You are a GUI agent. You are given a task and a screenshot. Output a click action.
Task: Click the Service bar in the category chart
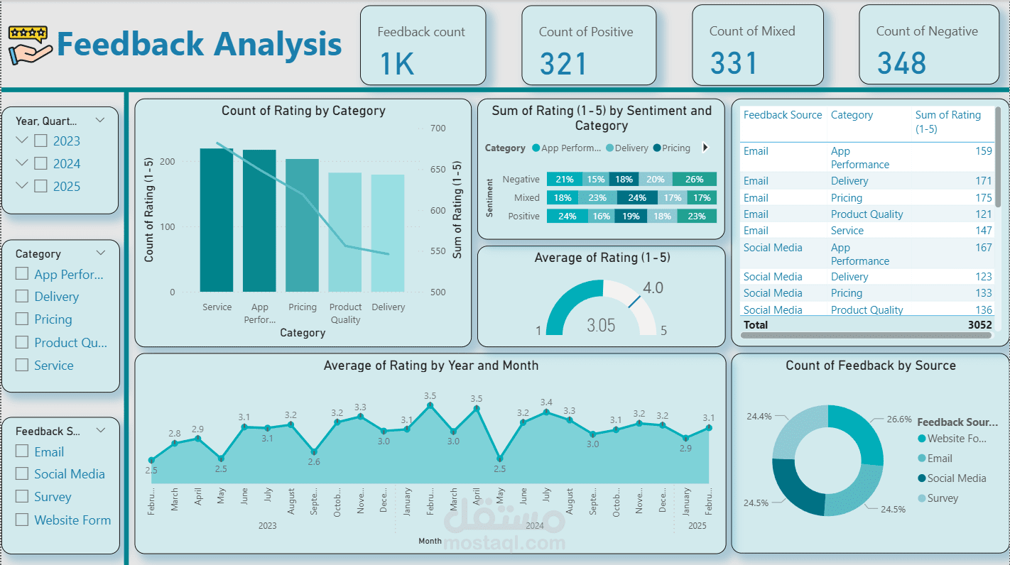pos(217,220)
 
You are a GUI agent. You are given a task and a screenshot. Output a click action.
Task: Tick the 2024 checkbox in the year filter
pos(41,164)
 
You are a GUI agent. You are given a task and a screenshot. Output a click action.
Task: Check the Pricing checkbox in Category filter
pos(22,319)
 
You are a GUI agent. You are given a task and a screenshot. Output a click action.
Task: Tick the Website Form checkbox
pos(22,520)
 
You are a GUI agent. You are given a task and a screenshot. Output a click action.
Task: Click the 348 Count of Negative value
pos(901,64)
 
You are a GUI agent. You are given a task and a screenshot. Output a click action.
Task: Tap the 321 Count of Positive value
pos(563,64)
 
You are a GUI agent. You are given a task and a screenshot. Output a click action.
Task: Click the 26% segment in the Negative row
pos(695,180)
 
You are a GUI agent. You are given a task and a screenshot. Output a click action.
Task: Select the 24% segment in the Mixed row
pos(636,198)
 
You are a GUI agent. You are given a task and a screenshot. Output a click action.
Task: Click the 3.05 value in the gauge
pos(601,325)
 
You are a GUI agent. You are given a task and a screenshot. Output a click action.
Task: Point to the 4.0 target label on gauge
pos(653,288)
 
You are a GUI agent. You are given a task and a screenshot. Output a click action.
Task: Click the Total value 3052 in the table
pos(979,325)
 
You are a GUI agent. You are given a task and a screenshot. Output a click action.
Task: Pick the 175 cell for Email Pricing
pos(983,198)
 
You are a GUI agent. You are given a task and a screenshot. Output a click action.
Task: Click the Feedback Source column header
pos(782,115)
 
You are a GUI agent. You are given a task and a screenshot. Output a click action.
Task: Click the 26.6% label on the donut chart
pos(898,419)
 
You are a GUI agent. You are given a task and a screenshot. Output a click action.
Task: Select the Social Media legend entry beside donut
pos(956,478)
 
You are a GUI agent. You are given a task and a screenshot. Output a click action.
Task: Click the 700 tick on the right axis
pos(438,128)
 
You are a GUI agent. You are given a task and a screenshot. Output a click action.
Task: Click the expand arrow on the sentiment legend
pos(705,148)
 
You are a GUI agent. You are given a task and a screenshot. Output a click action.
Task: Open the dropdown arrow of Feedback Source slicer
pos(101,430)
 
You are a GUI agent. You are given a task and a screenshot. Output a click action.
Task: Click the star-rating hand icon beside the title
pos(30,44)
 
